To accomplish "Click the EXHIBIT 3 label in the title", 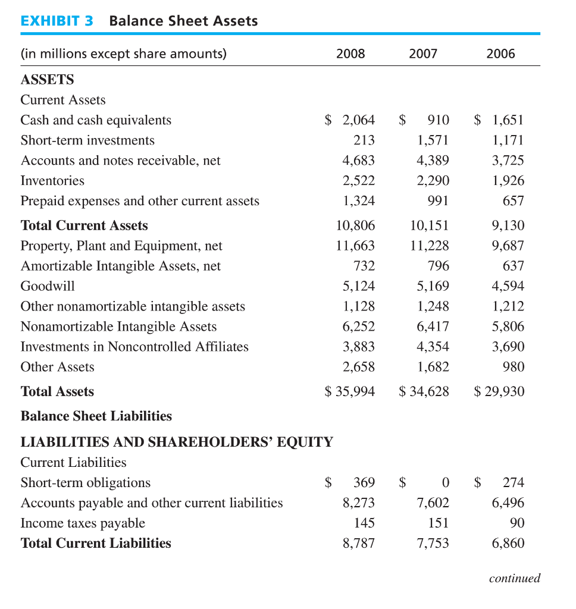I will point(57,21).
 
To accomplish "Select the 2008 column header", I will point(350,54).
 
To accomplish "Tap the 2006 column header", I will point(500,54).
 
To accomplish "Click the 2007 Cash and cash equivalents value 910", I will point(439,120).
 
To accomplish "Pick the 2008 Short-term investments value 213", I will point(364,140).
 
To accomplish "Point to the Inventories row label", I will point(52,181).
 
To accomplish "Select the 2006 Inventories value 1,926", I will point(508,181).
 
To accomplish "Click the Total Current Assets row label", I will point(84,225).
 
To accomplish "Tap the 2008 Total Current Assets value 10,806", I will point(355,225).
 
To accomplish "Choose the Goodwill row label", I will point(48,286).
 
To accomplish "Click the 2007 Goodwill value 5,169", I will point(433,286).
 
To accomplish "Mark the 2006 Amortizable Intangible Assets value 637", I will point(514,266).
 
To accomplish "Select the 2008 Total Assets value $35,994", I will point(350,391).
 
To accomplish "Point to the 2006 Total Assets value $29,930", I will point(499,391).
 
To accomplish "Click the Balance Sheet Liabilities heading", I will point(96,416).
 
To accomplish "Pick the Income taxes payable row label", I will point(83,523).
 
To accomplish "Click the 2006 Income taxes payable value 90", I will point(517,523).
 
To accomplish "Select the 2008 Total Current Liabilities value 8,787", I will point(359,544).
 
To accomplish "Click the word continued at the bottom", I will point(514,578).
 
